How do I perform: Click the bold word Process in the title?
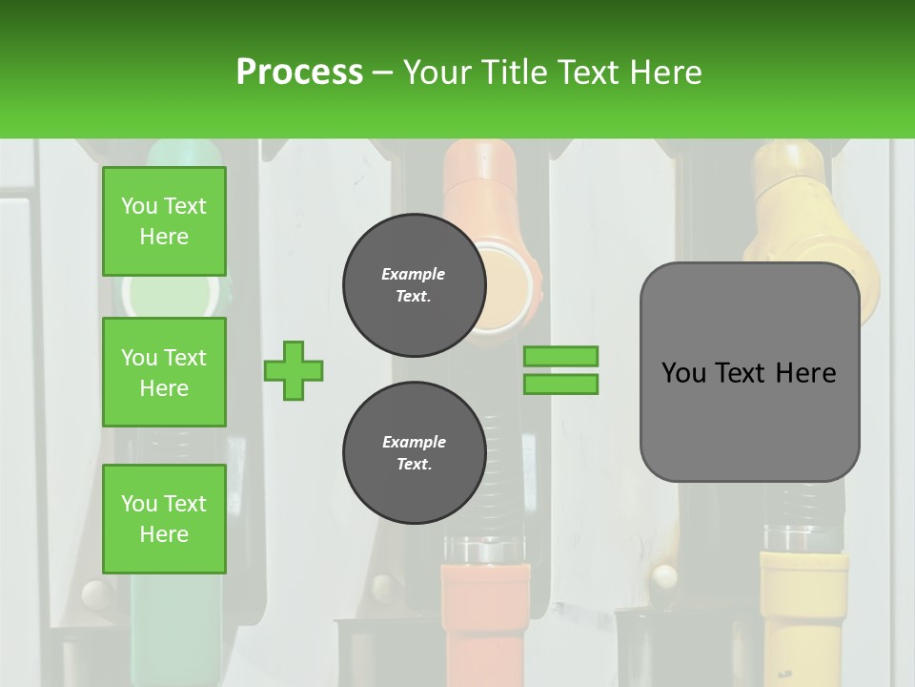(x=299, y=72)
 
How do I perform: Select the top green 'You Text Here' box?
(x=164, y=221)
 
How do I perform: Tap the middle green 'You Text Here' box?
(x=164, y=372)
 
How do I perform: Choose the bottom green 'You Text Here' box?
(x=164, y=519)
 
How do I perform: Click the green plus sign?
(x=294, y=370)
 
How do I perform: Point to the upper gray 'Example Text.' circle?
(x=414, y=285)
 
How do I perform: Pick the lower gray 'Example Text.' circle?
(x=414, y=453)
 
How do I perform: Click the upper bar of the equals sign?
(x=560, y=356)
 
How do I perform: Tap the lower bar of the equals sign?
(x=560, y=384)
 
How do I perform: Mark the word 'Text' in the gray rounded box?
(x=740, y=373)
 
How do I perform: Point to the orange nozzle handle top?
(x=479, y=181)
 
